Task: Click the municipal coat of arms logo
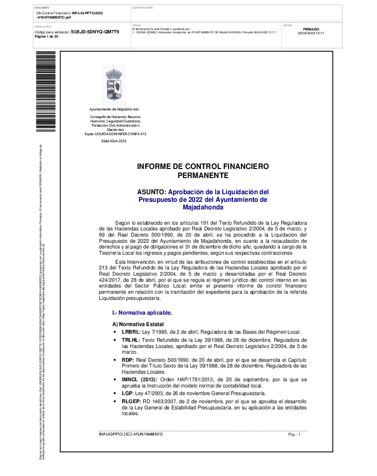click(x=114, y=85)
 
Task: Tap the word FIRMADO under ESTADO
click(x=311, y=29)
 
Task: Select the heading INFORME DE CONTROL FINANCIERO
click(x=203, y=167)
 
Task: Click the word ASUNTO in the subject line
click(x=151, y=191)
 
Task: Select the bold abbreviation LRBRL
click(x=130, y=332)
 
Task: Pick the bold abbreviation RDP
click(x=128, y=360)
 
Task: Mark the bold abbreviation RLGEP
click(x=131, y=402)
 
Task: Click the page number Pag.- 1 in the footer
click(x=295, y=434)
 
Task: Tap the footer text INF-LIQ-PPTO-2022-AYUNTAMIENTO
click(x=130, y=434)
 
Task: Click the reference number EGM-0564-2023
click(x=114, y=141)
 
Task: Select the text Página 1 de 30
click(x=47, y=36)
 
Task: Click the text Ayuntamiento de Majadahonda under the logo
click(x=114, y=109)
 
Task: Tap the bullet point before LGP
click(x=115, y=394)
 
